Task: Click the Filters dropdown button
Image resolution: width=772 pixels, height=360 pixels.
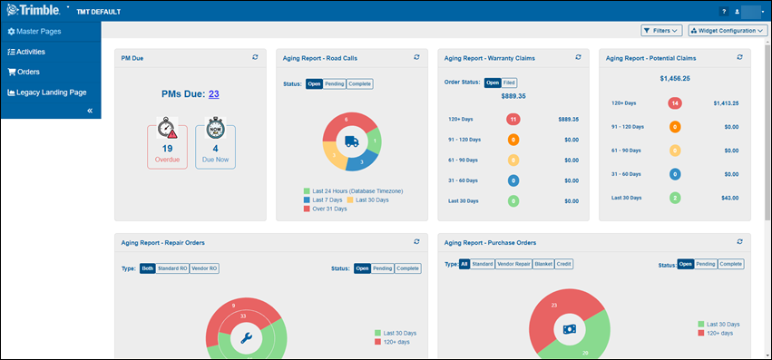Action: [661, 31]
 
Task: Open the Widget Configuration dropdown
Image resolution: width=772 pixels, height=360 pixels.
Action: [728, 31]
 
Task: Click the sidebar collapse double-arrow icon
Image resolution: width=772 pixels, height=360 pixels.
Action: [90, 111]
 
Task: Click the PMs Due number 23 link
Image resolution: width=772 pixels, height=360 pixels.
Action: [213, 93]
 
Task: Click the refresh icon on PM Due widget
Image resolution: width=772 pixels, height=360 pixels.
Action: [256, 57]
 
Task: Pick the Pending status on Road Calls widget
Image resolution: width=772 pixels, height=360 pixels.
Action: [335, 84]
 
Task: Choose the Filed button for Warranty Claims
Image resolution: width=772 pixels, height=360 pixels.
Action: [509, 83]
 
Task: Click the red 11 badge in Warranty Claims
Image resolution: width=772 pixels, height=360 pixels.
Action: [513, 119]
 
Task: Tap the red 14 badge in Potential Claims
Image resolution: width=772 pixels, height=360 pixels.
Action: [675, 103]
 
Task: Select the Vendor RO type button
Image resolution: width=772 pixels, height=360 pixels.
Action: [203, 268]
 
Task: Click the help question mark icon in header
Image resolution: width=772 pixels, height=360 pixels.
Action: [723, 11]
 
